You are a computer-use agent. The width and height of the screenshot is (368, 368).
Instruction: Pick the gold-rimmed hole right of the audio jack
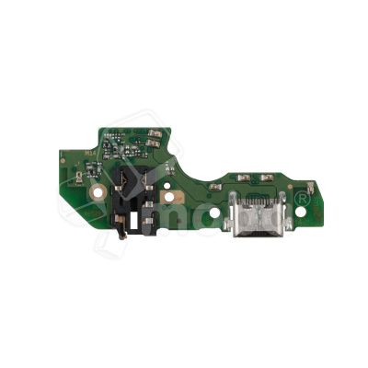170,196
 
